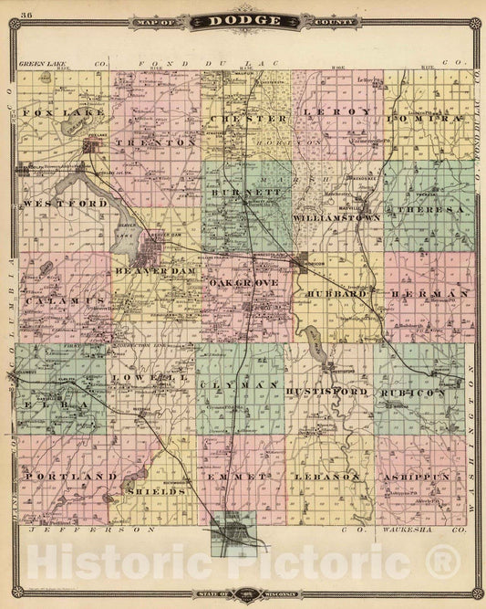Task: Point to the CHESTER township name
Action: [x=242, y=119]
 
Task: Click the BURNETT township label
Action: [x=242, y=194]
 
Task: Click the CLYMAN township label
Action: [x=241, y=386]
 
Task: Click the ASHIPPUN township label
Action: [x=425, y=477]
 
